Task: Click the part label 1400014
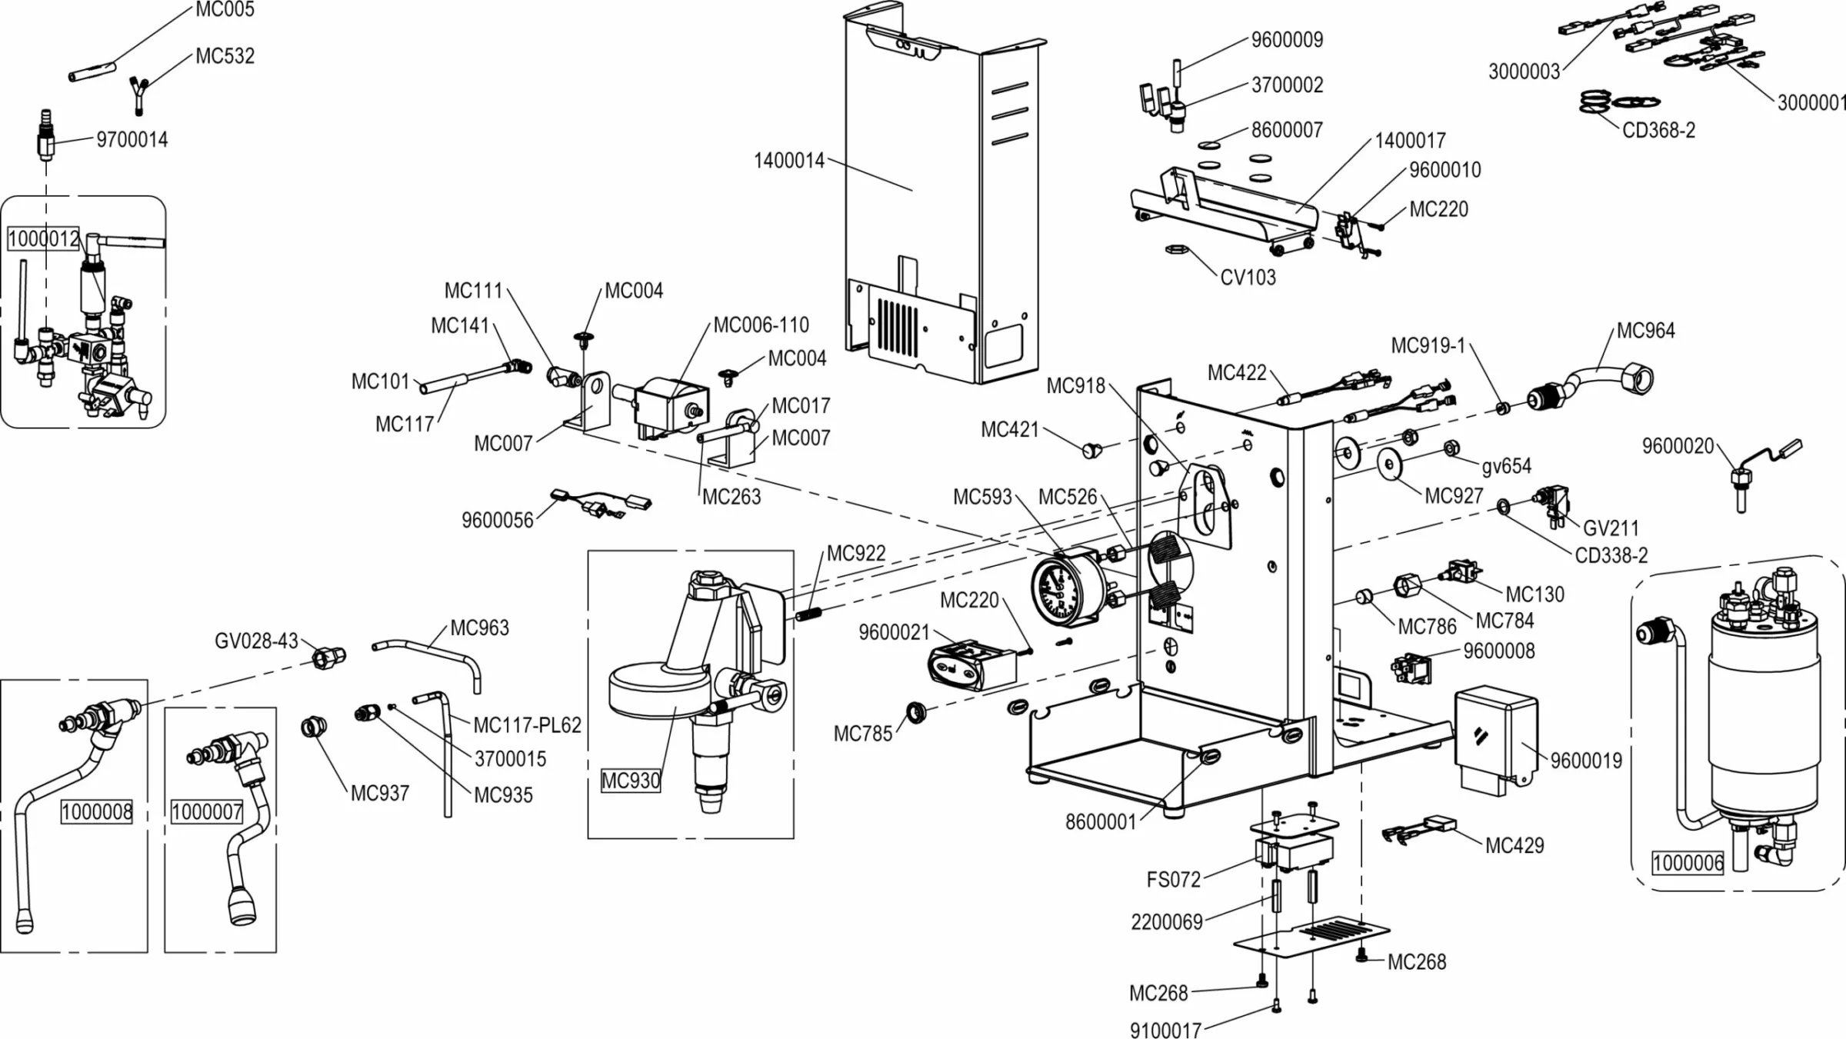788,161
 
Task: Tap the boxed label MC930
630,781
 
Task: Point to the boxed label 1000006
1688,862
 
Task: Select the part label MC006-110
761,325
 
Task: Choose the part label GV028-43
255,641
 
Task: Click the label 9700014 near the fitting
132,140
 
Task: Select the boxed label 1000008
97,811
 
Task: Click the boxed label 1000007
207,811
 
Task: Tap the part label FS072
1173,880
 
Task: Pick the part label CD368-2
1658,131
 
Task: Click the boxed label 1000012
44,238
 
